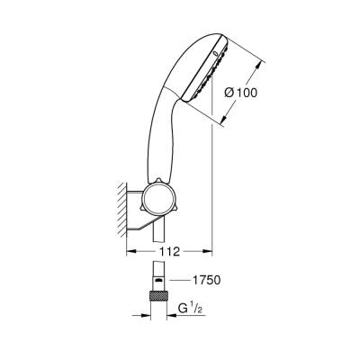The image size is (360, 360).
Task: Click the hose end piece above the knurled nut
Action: coord(158,281)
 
